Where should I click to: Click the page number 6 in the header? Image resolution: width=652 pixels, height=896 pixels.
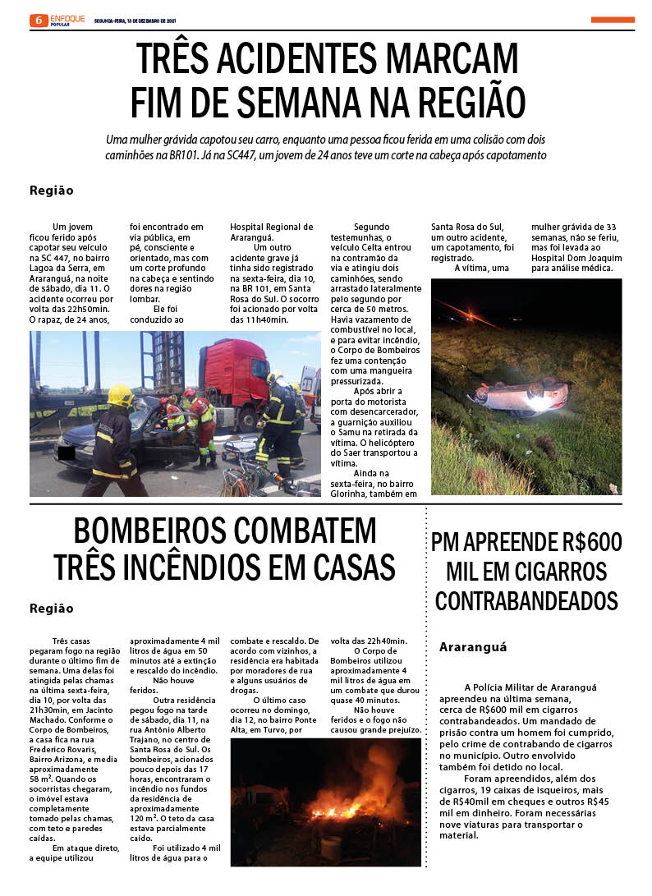38,21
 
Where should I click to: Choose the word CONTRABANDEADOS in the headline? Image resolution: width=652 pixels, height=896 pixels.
526,600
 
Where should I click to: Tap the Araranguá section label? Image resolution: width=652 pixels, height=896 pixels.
473,646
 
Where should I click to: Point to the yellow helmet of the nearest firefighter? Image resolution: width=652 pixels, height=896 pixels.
119,394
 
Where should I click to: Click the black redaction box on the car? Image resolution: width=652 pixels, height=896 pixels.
67,453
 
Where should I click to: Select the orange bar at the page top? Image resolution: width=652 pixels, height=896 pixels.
612,20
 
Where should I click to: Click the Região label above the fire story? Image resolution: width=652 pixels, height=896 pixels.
51,609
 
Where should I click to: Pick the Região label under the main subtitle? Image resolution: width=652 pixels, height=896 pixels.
51,191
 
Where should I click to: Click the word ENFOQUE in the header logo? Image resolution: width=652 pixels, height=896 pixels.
67,17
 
